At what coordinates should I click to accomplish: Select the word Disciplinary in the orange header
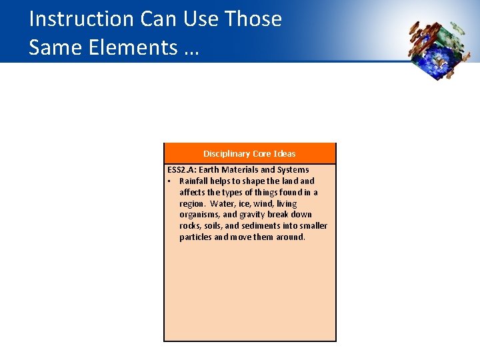(x=226, y=154)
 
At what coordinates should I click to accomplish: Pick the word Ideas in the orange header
(x=283, y=154)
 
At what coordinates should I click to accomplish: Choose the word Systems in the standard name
(x=293, y=170)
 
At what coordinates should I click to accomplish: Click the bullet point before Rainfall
(x=170, y=181)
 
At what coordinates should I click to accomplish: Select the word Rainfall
(x=195, y=181)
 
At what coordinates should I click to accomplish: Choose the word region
(x=192, y=204)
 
